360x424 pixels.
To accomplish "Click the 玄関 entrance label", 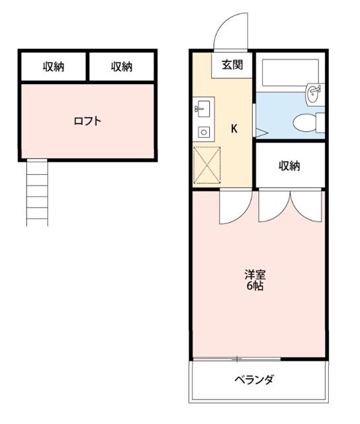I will pyautogui.click(x=232, y=65).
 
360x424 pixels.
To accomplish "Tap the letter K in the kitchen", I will pyautogui.click(x=234, y=129).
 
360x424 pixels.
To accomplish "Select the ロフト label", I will pyautogui.click(x=87, y=121).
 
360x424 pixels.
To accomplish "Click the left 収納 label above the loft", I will pyautogui.click(x=54, y=66).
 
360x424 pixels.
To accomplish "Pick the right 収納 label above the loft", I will pyautogui.click(x=121, y=66).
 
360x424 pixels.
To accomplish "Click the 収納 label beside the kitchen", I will pyautogui.click(x=289, y=166).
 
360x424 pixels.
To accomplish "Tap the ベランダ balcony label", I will pyautogui.click(x=254, y=380).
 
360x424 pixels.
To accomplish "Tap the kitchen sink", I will pyautogui.click(x=202, y=108).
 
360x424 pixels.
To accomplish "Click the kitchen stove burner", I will pyautogui.click(x=203, y=132).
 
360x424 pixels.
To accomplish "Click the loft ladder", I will pyautogui.click(x=37, y=192).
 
